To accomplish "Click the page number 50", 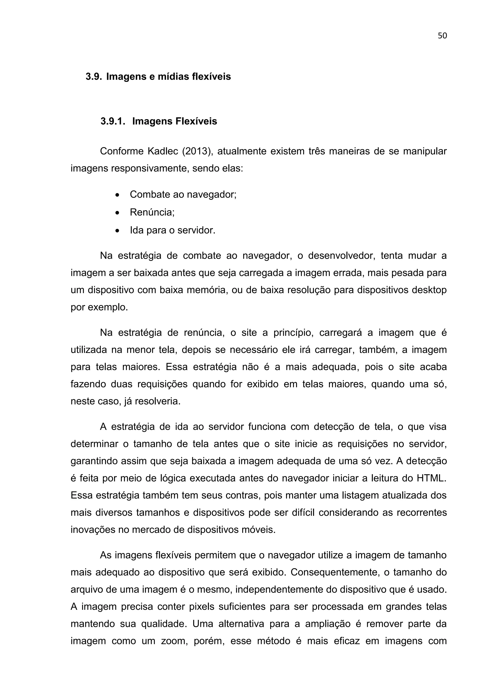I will coord(442,36).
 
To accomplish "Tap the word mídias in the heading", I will coord(173,77).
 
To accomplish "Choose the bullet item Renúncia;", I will coord(152,212).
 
